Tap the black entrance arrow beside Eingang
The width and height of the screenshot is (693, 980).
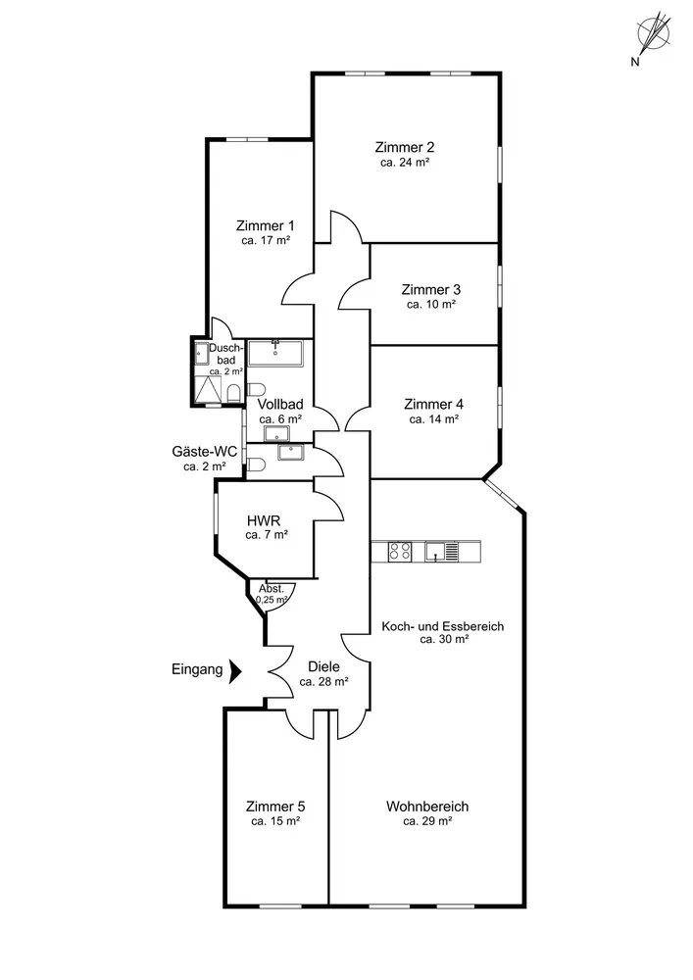pyautogui.click(x=234, y=671)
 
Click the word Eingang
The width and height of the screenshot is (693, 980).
pyautogui.click(x=196, y=671)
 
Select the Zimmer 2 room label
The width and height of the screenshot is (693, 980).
pyautogui.click(x=404, y=147)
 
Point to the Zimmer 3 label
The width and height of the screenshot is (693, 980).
pyautogui.click(x=431, y=290)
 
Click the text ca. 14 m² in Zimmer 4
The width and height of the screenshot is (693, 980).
pyautogui.click(x=434, y=418)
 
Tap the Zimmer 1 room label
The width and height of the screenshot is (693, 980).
pyautogui.click(x=265, y=225)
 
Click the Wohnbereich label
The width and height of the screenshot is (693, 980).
pyautogui.click(x=427, y=807)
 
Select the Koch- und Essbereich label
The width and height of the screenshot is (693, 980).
pyautogui.click(x=443, y=625)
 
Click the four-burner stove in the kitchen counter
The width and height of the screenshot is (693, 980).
pyautogui.click(x=400, y=552)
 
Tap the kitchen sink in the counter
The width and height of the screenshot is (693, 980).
pyautogui.click(x=435, y=552)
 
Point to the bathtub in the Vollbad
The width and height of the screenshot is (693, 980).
pyautogui.click(x=275, y=353)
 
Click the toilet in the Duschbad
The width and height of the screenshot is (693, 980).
pyautogui.click(x=233, y=393)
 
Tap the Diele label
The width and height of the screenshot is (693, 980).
pyautogui.click(x=323, y=666)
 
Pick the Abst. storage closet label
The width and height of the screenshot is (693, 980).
pyautogui.click(x=272, y=588)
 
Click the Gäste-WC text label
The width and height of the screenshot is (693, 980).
pyautogui.click(x=205, y=451)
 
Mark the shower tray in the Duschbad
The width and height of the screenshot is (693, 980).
pyautogui.click(x=208, y=391)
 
